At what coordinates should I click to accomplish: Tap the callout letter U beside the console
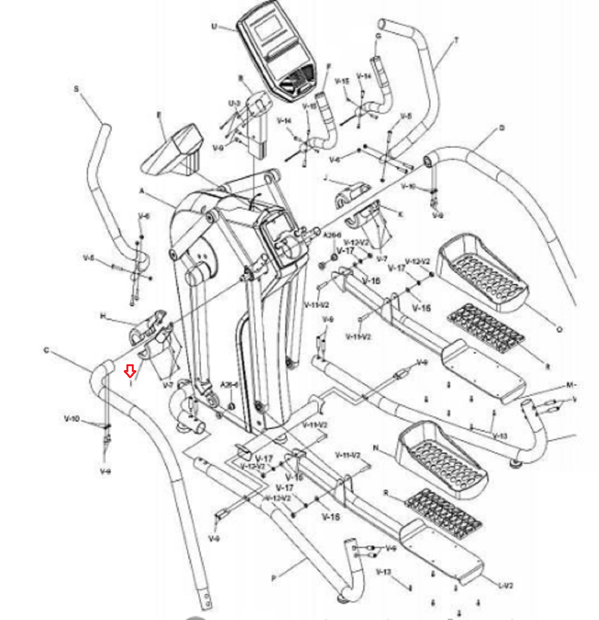[x=214, y=26]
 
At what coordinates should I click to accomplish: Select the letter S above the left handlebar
[x=76, y=89]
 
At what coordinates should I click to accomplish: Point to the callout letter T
[x=456, y=40]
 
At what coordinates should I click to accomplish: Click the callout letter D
[x=502, y=128]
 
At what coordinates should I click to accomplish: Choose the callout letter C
[x=47, y=350]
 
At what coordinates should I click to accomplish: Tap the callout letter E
[x=159, y=115]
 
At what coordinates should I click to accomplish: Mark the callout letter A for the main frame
[x=142, y=191]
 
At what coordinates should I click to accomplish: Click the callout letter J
[x=326, y=178]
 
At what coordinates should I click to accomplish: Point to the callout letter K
[x=400, y=214]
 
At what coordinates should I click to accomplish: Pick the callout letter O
[x=559, y=329]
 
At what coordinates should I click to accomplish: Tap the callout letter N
[x=375, y=448]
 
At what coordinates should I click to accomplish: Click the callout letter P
[x=274, y=578]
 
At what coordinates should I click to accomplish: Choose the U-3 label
[x=234, y=103]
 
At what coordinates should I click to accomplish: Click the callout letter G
[x=378, y=36]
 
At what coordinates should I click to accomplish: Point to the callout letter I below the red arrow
[x=131, y=384]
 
